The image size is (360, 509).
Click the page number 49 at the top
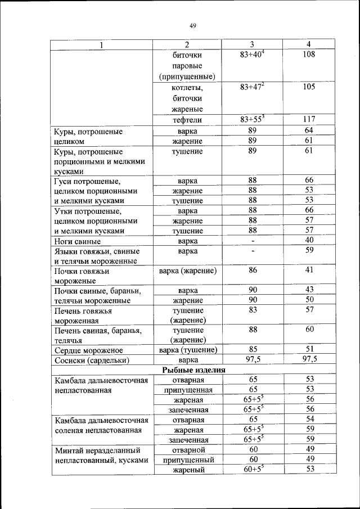[193, 26]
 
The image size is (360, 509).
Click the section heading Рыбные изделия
[193, 370]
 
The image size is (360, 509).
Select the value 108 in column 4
[308, 55]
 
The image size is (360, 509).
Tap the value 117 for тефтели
[308, 119]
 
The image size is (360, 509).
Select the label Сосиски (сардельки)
[92, 359]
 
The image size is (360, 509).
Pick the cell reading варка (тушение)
[188, 350]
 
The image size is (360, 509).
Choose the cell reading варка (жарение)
[188, 271]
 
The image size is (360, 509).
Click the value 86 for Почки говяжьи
[253, 271]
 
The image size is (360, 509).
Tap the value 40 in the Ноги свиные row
[309, 240]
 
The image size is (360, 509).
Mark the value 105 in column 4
[308, 87]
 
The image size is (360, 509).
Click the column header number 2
[188, 44]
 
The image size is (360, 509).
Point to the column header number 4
[308, 44]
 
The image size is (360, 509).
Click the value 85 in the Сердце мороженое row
[253, 349]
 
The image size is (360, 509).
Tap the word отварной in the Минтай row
[188, 449]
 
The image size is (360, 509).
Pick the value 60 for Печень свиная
[309, 329]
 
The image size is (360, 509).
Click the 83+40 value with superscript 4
[251, 55]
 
